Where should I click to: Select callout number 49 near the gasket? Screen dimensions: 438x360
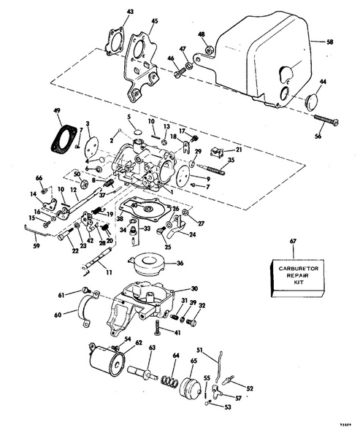pos(57,112)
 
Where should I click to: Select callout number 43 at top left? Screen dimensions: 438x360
pos(131,12)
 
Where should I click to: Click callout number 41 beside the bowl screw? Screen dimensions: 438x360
pos(177,333)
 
